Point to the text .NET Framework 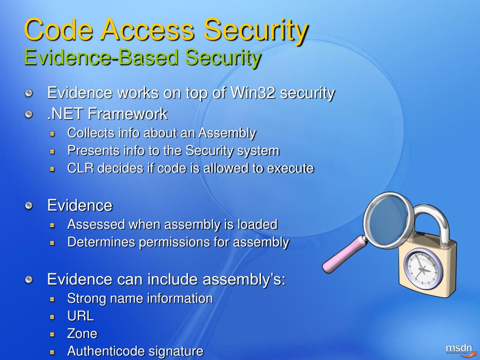[107, 113]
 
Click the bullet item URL [80, 316]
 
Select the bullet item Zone [82, 334]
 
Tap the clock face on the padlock [423, 269]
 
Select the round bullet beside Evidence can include [30, 280]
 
